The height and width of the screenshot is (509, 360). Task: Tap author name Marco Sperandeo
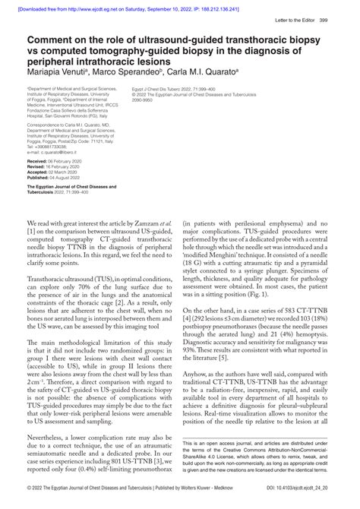[122, 72]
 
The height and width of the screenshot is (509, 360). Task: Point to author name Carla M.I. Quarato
[199, 72]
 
